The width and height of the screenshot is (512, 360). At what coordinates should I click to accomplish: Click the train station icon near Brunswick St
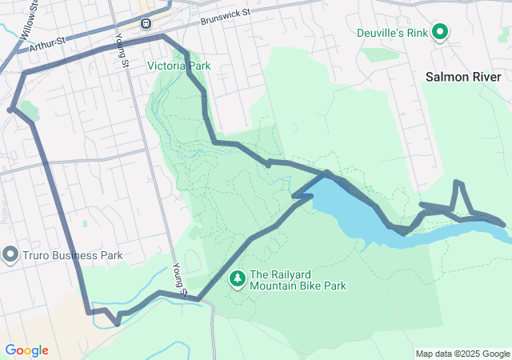[146, 22]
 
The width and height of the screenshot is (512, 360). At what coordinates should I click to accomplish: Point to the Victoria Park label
[178, 66]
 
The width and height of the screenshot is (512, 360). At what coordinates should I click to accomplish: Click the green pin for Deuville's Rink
[438, 32]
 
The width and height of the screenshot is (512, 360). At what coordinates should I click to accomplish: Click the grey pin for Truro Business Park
[10, 255]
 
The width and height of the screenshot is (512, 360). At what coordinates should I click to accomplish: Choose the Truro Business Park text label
[71, 256]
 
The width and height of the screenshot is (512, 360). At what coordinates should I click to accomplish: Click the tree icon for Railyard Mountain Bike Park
[237, 278]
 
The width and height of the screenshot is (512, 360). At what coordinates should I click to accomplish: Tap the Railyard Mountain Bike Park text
[298, 280]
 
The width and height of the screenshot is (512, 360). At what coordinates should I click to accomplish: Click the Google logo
[26, 350]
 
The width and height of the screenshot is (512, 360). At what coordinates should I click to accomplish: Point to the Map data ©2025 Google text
[462, 354]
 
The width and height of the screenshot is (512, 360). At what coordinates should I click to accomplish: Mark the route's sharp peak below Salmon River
[458, 183]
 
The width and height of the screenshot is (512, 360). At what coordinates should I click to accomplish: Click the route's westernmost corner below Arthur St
[10, 109]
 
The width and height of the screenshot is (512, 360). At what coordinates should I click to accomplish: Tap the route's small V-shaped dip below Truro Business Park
[117, 323]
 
